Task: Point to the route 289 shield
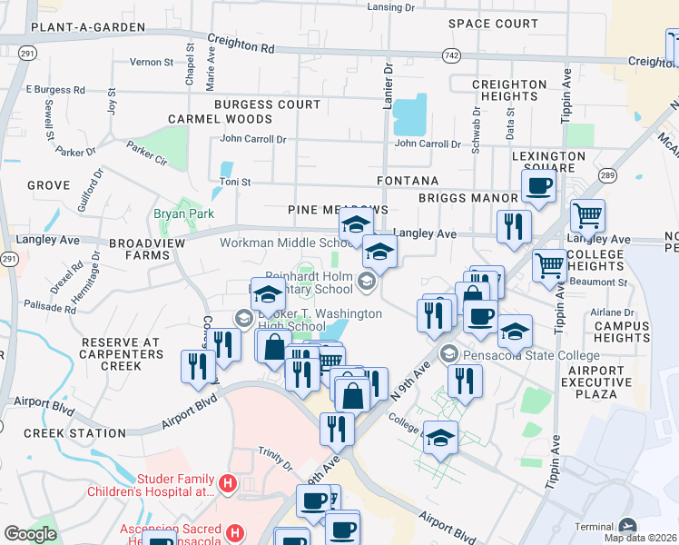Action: coord(607,175)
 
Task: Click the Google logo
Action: coord(30,534)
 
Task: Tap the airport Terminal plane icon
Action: coord(627,526)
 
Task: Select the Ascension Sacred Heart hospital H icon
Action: coord(234,531)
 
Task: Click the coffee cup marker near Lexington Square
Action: coord(538,187)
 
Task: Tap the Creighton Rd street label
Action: coord(241,41)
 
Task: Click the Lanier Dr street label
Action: coord(387,77)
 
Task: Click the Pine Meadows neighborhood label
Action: coord(338,210)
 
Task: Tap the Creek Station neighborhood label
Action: coord(74,433)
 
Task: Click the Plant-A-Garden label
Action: coord(87,27)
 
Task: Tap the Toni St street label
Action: coord(234,183)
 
